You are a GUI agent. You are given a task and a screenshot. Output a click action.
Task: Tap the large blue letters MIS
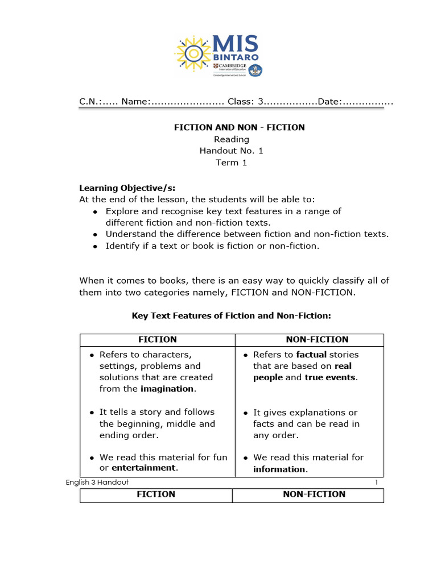[x=236, y=44]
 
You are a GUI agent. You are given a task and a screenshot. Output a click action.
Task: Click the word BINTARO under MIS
[x=236, y=59]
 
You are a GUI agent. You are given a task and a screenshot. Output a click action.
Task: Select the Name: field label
[x=135, y=102]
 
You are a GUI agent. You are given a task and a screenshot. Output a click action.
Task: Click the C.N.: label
[x=90, y=102]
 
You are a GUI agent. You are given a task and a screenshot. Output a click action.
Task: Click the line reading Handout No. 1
[x=231, y=151]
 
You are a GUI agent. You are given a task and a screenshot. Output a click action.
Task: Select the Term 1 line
[x=231, y=163]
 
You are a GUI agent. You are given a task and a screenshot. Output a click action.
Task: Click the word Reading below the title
[x=231, y=139]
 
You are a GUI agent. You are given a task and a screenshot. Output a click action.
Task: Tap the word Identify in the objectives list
[x=123, y=246]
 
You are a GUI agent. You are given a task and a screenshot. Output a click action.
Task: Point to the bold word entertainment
[x=144, y=468]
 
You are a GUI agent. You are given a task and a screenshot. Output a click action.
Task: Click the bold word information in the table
[x=279, y=469]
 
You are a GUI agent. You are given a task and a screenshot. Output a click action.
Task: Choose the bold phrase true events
[x=331, y=377]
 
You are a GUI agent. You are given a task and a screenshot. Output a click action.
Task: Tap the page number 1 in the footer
[x=376, y=482]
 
